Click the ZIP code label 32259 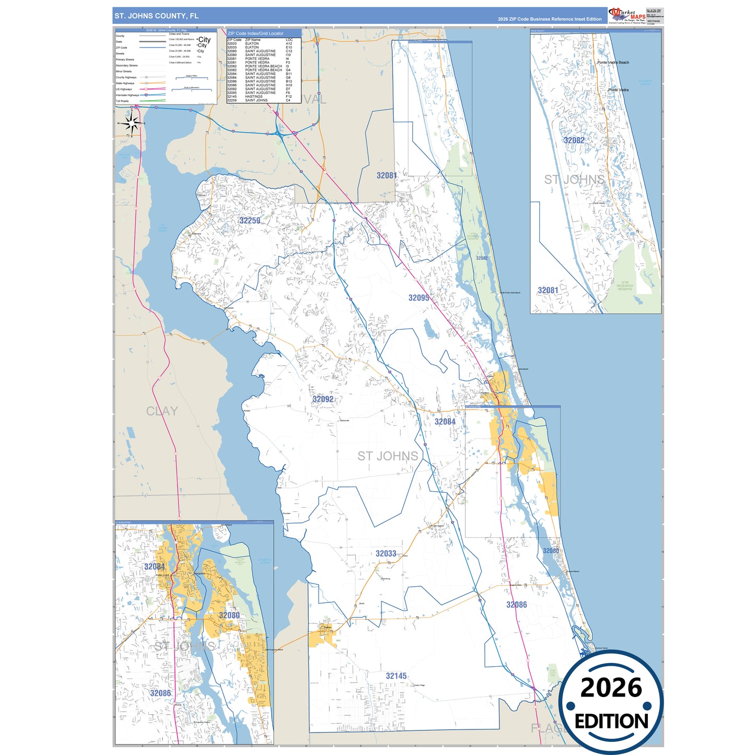[250, 220]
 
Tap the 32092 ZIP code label [323, 399]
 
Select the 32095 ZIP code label [419, 298]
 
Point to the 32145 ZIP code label [396, 676]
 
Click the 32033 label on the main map [386, 554]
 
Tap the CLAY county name [162, 411]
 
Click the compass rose [132, 124]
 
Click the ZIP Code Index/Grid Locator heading [256, 33]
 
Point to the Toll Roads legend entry [122, 101]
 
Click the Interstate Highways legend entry [127, 95]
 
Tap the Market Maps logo [626, 16]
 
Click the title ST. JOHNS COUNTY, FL [157, 16]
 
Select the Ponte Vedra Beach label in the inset [613, 63]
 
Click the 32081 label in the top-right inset [548, 291]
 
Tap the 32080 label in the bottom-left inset [229, 615]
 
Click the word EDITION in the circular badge [611, 722]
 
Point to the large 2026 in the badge [611, 688]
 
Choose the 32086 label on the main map [516, 605]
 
